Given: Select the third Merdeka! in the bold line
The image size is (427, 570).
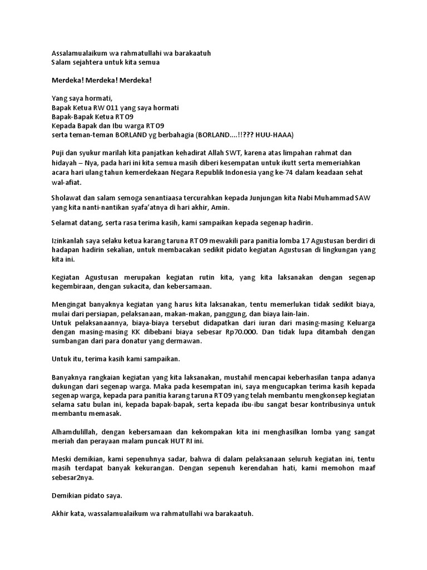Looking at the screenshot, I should [x=136, y=80].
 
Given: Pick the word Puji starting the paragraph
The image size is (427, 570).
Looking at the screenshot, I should [x=58, y=153].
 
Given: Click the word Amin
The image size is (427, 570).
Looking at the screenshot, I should [x=219, y=207].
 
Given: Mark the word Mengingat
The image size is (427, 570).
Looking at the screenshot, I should [x=69, y=304].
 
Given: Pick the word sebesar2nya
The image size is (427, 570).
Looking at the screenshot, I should [x=73, y=478].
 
